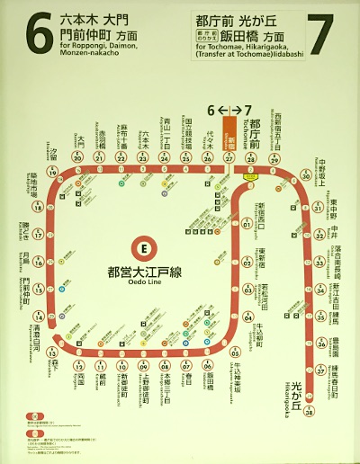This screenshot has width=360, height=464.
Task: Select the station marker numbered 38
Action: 309,415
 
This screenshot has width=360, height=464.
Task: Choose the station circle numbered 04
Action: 247,317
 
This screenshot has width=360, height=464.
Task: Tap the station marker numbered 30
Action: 306,176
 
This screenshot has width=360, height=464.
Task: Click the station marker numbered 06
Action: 208,368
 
